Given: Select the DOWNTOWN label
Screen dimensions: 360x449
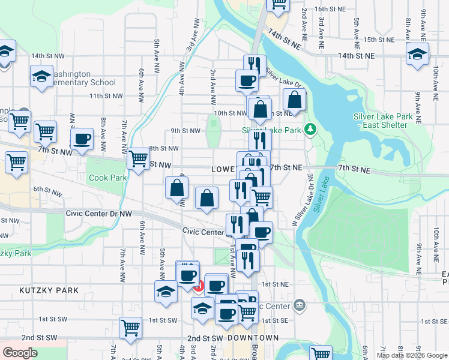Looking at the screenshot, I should [x=253, y=338].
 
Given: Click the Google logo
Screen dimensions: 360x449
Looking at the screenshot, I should [x=20, y=353].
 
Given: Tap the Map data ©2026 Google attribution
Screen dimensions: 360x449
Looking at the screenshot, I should [x=412, y=355].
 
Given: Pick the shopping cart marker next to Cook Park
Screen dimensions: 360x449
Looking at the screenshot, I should [x=138, y=159].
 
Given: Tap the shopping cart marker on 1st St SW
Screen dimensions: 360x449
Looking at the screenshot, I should [x=130, y=328].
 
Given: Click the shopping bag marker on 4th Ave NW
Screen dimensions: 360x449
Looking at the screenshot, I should [x=177, y=188].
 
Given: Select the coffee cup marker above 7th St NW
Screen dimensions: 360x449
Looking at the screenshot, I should [x=82, y=139].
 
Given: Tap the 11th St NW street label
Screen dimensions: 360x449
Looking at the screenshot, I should [x=106, y=95].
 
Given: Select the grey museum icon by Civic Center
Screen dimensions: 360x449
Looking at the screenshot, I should [x=300, y=306].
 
